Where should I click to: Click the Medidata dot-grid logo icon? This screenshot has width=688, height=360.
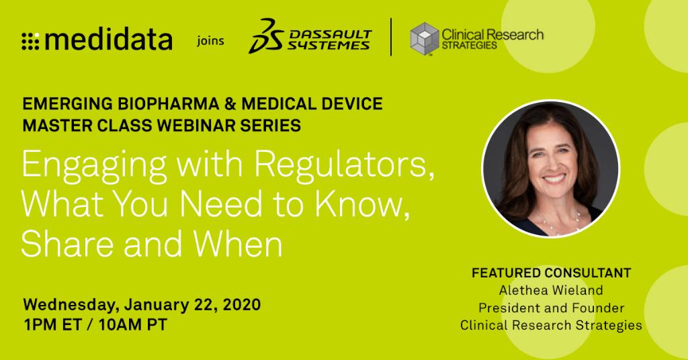click(x=31, y=41)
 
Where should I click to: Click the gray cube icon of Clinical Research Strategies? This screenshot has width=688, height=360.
click(x=424, y=38)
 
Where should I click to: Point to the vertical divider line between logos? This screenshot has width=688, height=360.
click(x=391, y=38)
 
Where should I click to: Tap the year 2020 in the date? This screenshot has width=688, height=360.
click(x=239, y=304)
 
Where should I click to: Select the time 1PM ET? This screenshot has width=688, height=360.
click(x=53, y=324)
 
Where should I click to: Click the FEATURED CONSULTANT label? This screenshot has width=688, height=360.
click(x=551, y=273)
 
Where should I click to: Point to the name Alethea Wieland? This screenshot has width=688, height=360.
click(x=551, y=291)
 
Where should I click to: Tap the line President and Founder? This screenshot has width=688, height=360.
click(x=551, y=308)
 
